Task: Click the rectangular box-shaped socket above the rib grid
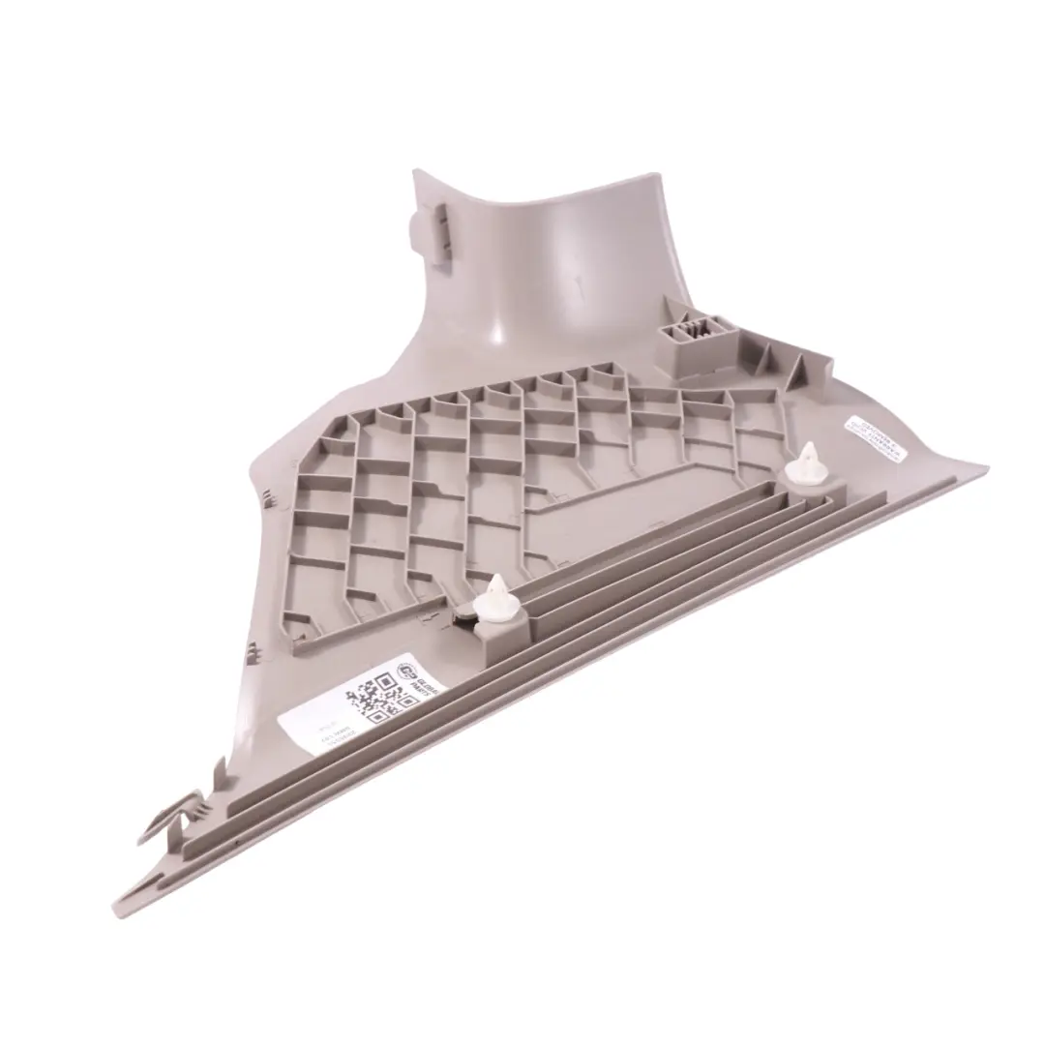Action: pos(692,345)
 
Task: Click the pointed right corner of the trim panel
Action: pos(985,471)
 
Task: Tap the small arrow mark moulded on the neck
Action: pos(579,283)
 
